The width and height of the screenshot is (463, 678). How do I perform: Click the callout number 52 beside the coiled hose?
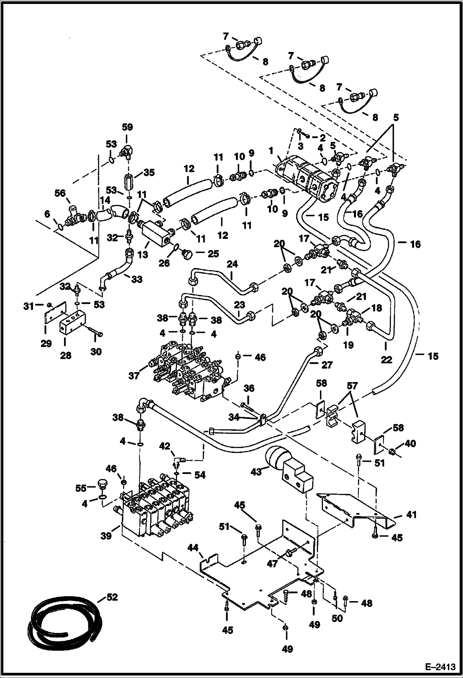coord(112,597)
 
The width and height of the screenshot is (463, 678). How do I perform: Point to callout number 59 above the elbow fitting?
coord(127,127)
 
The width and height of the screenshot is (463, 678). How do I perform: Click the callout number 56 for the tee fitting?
coord(60,193)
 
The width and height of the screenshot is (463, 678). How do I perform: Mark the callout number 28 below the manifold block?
coord(66,355)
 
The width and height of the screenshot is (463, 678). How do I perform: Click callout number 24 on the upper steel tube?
coord(232,264)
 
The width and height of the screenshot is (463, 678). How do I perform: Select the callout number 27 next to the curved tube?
coord(327,365)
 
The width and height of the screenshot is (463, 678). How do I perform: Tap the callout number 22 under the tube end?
coord(386,359)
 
